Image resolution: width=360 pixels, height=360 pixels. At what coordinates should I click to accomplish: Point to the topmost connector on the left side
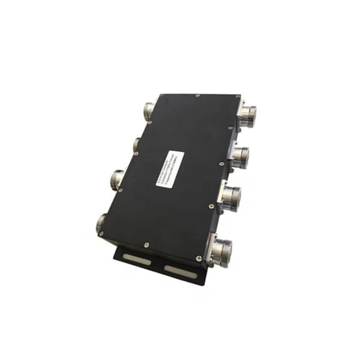pyautogui.click(x=148, y=112)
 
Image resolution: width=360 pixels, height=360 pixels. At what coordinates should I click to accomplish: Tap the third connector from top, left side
pyautogui.click(x=118, y=178)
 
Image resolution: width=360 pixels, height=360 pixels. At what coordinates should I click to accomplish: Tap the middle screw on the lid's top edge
pyautogui.click(x=197, y=95)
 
